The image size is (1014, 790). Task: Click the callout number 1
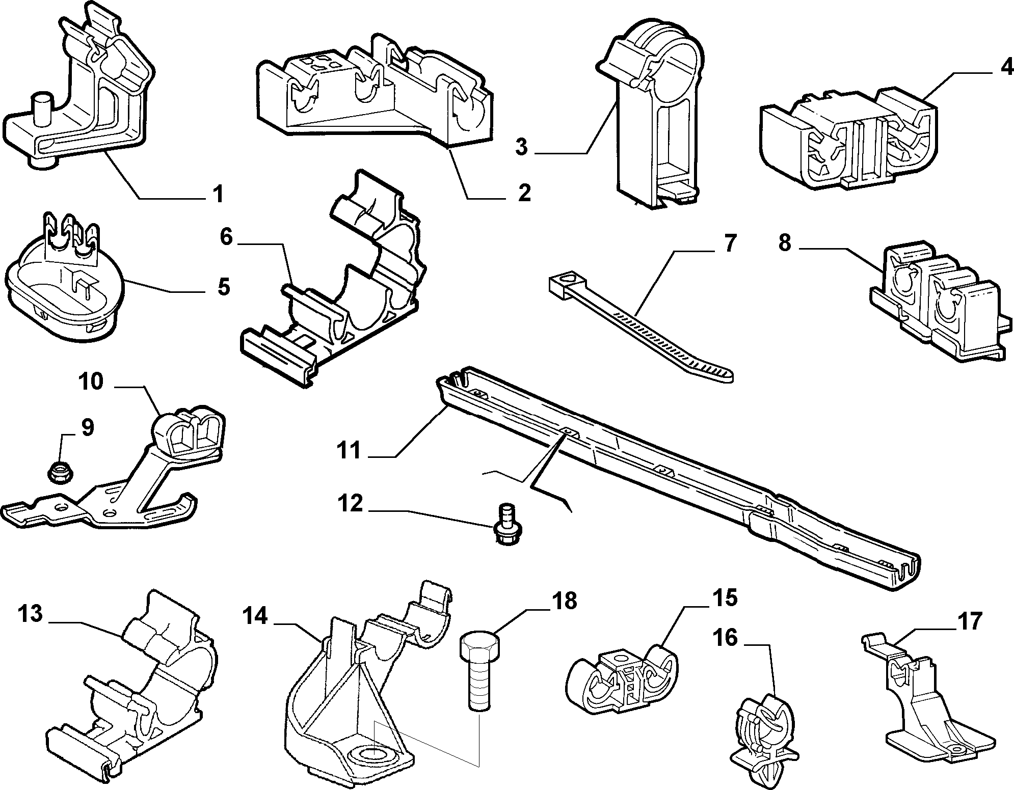coord(218,194)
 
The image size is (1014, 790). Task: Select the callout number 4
coord(1002,68)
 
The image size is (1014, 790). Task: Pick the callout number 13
coord(31,614)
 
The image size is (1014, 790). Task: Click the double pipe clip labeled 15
coord(623,683)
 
